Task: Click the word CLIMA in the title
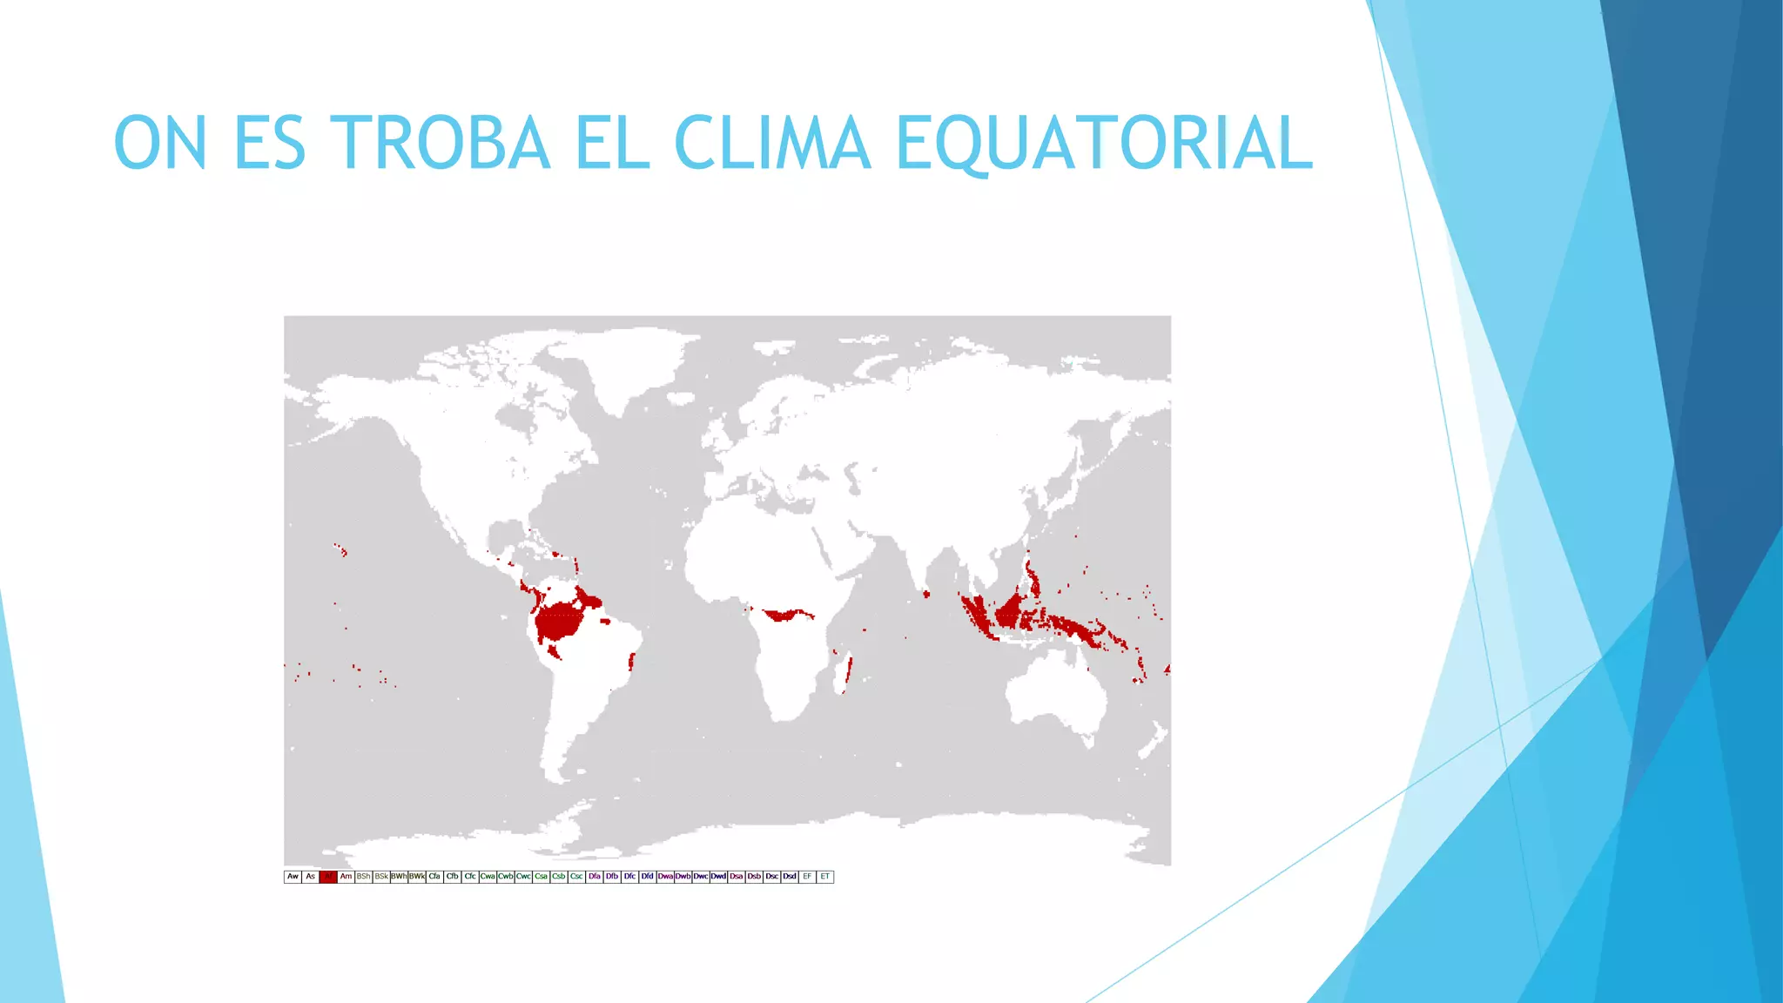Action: pos(771,143)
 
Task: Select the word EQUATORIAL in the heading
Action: pos(1103,143)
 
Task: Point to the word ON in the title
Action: pos(160,143)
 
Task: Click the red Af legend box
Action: pos(328,877)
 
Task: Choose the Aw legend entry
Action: pos(293,877)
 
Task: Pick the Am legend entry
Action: pos(346,877)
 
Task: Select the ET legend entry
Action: pos(824,877)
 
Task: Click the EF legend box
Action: pos(807,877)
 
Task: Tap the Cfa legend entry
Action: pos(434,877)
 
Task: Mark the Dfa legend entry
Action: pos(595,877)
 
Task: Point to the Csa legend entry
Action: pos(541,877)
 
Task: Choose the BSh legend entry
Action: pos(363,877)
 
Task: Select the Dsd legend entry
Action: pos(790,877)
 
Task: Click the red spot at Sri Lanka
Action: pos(926,594)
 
